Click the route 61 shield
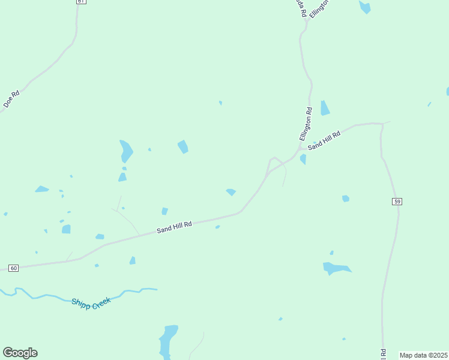(x=81, y=2)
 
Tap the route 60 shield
(x=14, y=268)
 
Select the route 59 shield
(x=397, y=201)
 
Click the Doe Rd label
(x=11, y=98)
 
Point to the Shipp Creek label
(x=91, y=304)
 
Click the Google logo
(x=20, y=353)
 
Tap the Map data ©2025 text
(x=423, y=355)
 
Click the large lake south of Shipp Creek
(x=168, y=340)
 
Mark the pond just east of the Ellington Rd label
(x=325, y=108)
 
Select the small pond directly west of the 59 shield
(x=345, y=199)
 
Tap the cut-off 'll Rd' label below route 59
(x=382, y=354)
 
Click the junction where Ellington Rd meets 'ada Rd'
(x=306, y=21)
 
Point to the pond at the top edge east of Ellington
(x=364, y=7)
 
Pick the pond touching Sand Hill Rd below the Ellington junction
(x=303, y=159)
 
